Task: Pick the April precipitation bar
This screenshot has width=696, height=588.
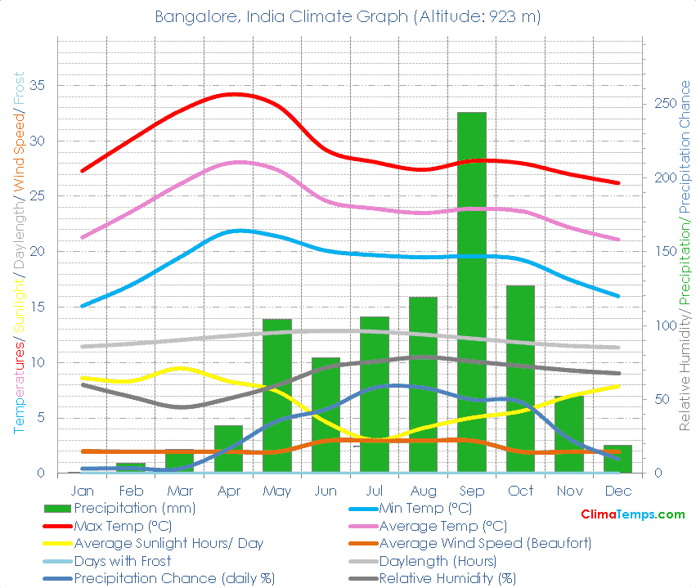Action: point(229,449)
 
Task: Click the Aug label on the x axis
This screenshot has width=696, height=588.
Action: point(423,491)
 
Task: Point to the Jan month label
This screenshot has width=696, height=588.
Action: point(83,491)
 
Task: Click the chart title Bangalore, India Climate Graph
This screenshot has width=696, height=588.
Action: point(348,16)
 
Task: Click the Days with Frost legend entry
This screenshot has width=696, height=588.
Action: point(123,561)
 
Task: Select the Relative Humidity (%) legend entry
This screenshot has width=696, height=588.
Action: point(447,579)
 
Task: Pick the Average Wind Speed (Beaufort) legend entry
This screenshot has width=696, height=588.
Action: point(485,544)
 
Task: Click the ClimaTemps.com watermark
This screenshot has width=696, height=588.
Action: point(632,514)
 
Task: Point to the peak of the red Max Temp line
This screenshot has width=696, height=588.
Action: point(235,94)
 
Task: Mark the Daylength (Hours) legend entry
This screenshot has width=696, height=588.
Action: point(438,561)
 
